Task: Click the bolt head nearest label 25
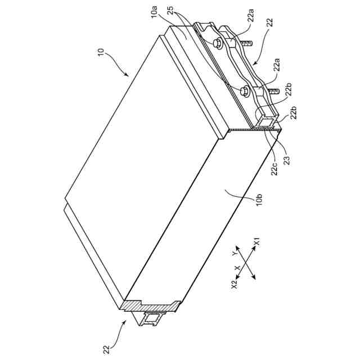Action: (217, 43)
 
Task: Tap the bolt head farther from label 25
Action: (245, 91)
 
